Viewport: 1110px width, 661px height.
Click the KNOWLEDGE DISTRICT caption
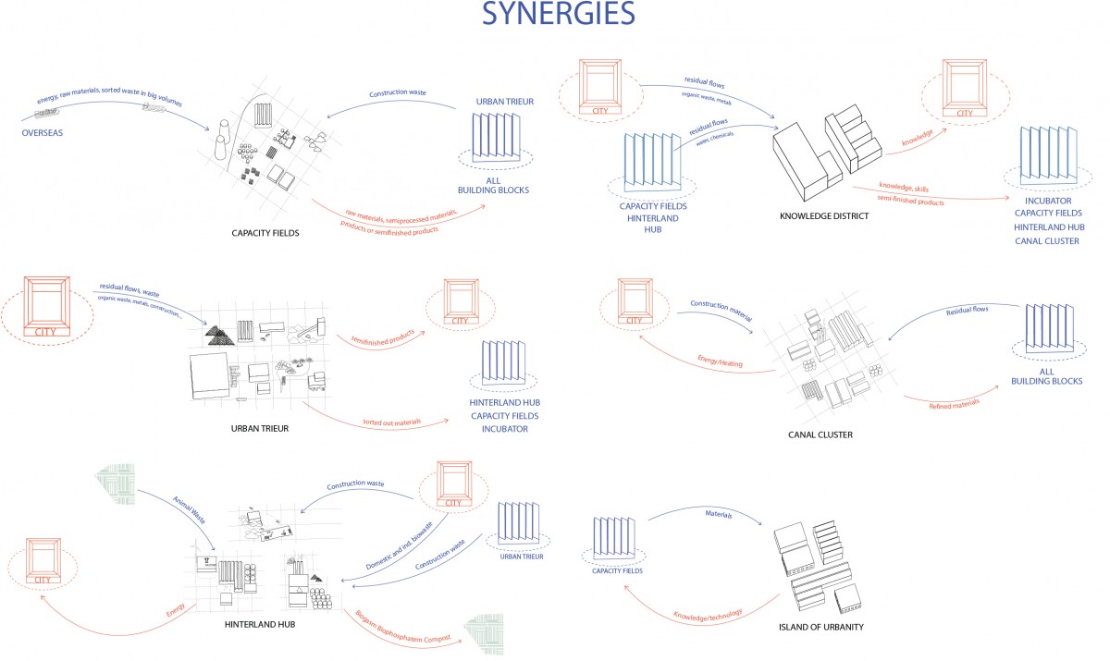827,216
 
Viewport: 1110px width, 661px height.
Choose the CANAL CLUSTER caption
820,434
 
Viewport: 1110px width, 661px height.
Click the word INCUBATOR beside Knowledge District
1048,201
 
